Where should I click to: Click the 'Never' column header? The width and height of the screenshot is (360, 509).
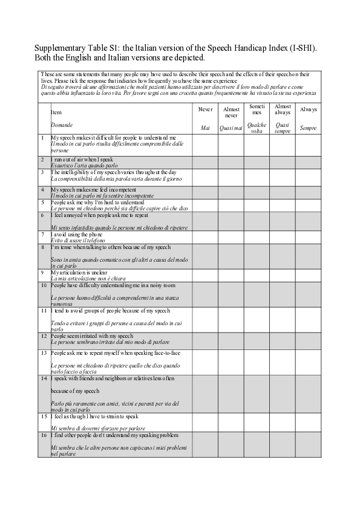[x=205, y=109]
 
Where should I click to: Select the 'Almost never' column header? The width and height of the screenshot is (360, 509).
[x=231, y=112]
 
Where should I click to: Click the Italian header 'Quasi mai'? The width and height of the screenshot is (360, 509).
[x=231, y=128]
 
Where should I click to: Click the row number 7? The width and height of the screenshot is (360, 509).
[x=42, y=234]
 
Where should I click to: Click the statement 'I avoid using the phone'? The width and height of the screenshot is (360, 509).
[x=79, y=234]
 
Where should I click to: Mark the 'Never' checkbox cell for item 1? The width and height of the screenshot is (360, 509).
[x=205, y=144]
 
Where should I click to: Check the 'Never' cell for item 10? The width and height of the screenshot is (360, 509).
[x=205, y=294]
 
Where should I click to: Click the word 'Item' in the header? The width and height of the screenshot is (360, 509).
[x=56, y=112]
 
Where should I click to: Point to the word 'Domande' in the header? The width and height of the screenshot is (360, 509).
[x=62, y=125]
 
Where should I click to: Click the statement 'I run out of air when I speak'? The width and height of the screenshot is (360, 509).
[x=82, y=160]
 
